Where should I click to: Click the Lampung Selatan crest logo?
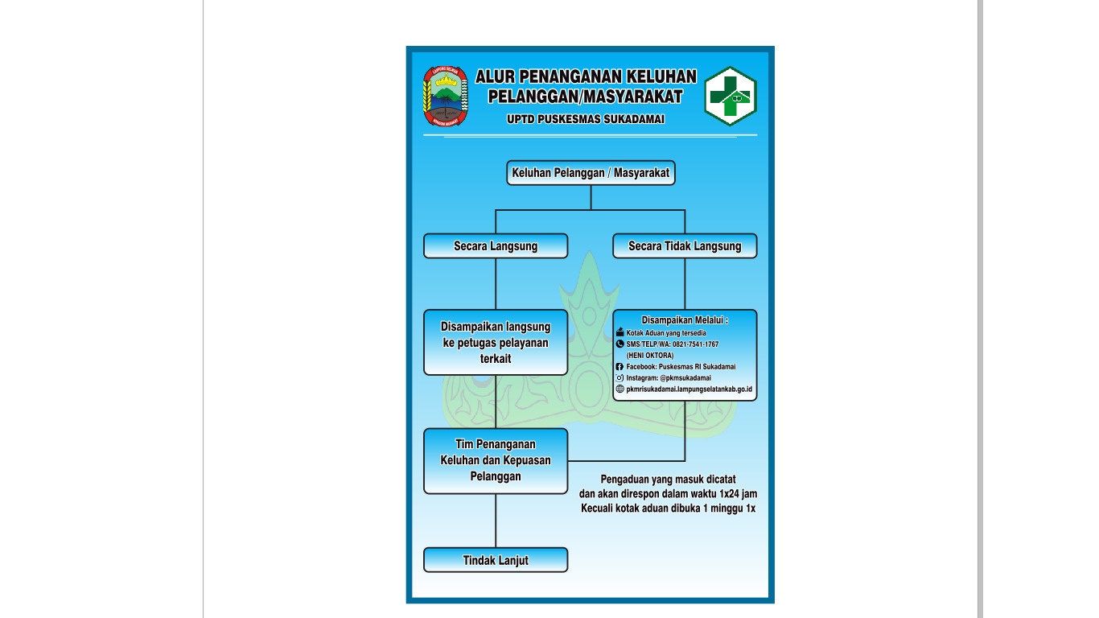445,96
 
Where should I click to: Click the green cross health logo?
731,97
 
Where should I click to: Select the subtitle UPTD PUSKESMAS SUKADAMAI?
586,120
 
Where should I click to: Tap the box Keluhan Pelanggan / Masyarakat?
591,173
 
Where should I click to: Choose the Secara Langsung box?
496,246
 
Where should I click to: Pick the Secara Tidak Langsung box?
685,246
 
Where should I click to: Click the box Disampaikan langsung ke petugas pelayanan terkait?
496,343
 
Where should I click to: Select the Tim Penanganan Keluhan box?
496,460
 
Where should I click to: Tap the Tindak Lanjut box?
496,560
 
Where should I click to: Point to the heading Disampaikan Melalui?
685,320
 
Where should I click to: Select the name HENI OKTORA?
650,355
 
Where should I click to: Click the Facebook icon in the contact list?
619,367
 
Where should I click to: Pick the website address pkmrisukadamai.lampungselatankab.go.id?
689,389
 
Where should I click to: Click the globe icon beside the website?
619,389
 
